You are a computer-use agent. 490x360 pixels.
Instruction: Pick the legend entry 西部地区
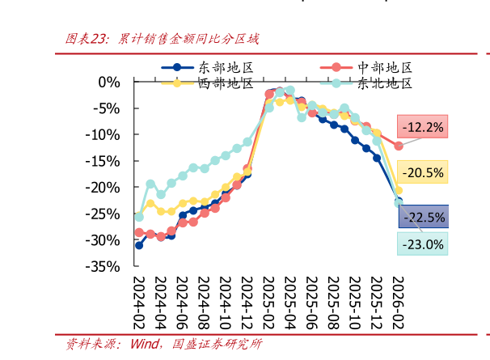(219, 83)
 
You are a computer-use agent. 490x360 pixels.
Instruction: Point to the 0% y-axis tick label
(109, 83)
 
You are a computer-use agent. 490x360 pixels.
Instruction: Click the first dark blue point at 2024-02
(139, 245)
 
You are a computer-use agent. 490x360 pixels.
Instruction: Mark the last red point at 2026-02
(398, 146)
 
